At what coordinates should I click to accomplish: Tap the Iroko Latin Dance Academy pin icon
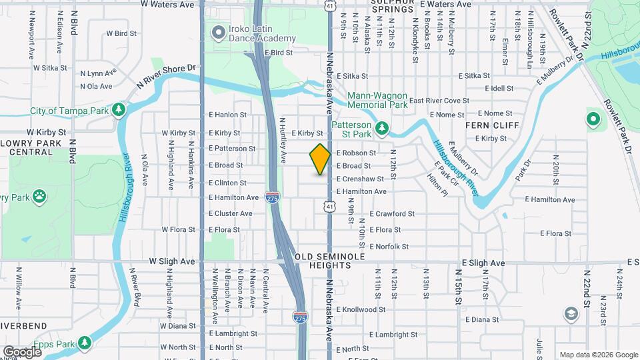pyautogui.click(x=218, y=32)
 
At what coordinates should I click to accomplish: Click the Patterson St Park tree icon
pyautogui.click(x=382, y=127)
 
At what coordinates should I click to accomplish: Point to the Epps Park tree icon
pyautogui.click(x=84, y=343)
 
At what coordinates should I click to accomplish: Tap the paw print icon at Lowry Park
pyautogui.click(x=41, y=197)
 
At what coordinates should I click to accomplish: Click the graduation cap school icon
pyautogui.click(x=571, y=313)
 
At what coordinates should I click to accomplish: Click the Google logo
pyautogui.click(x=22, y=351)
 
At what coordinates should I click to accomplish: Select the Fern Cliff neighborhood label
pyautogui.click(x=487, y=125)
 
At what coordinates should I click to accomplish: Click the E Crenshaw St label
pyautogui.click(x=360, y=179)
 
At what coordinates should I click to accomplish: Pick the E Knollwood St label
pyautogui.click(x=361, y=309)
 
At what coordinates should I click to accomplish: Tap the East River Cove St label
pyautogui.click(x=439, y=101)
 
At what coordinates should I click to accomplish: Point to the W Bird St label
pyautogui.click(x=121, y=33)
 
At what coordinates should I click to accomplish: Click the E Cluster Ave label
pyautogui.click(x=230, y=213)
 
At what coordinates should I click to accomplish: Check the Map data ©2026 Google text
pyautogui.click(x=597, y=355)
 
